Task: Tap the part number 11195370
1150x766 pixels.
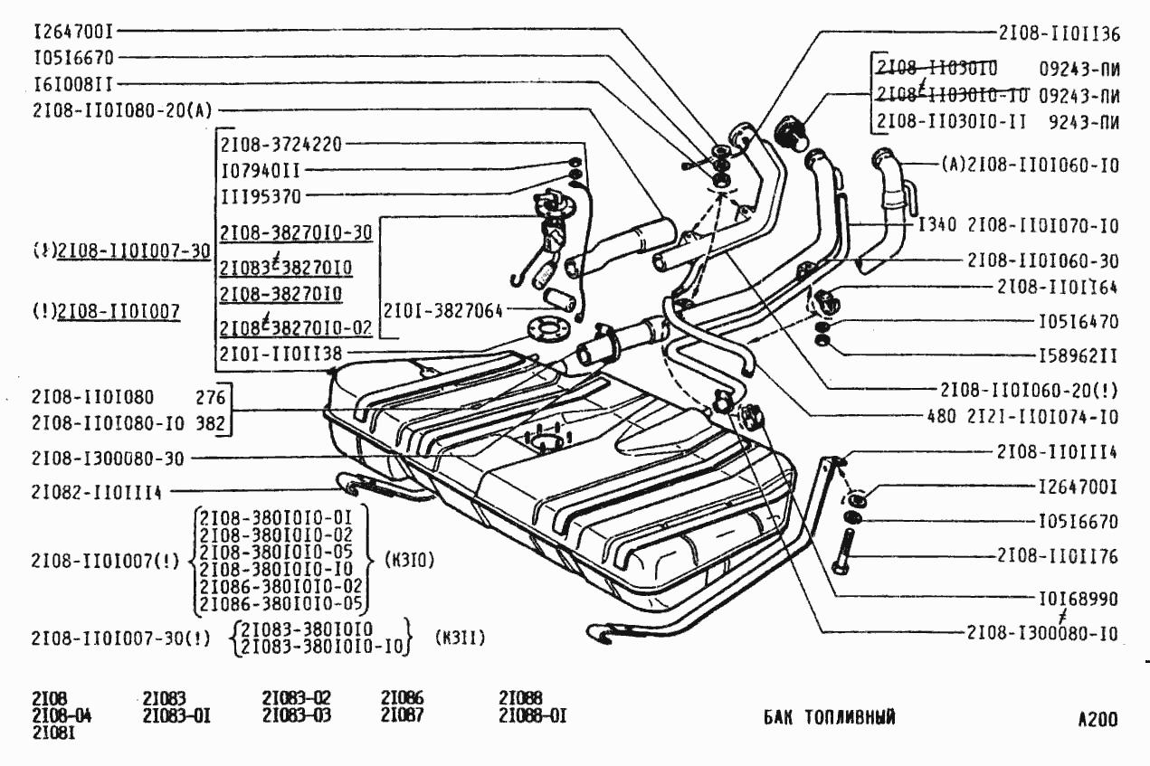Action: (x=261, y=195)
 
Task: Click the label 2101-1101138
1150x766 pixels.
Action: (x=282, y=353)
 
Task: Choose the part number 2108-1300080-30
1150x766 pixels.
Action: (x=108, y=459)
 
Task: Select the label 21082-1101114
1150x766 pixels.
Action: (x=95, y=492)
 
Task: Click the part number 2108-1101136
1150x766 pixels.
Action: (x=1060, y=33)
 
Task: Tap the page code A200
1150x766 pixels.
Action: (x=1097, y=720)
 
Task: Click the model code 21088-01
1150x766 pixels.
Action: (x=532, y=716)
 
